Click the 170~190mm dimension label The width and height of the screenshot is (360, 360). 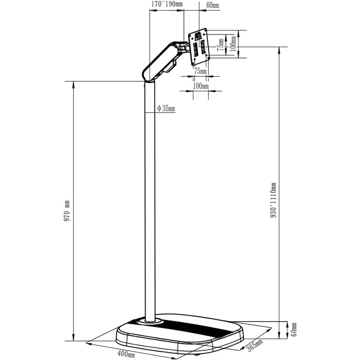click(x=167, y=4)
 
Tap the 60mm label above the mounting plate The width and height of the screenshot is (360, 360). click(x=212, y=5)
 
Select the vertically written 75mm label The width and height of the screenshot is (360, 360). click(x=221, y=45)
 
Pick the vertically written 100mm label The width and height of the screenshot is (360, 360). click(x=233, y=44)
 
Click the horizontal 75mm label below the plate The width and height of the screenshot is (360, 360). click(x=201, y=71)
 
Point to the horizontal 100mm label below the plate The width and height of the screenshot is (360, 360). click(x=201, y=86)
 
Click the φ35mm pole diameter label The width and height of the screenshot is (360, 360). click(x=166, y=108)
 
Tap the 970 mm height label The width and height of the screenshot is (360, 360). click(x=67, y=211)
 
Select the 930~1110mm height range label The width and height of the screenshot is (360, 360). click(x=273, y=200)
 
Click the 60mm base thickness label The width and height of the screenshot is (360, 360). click(x=294, y=330)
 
